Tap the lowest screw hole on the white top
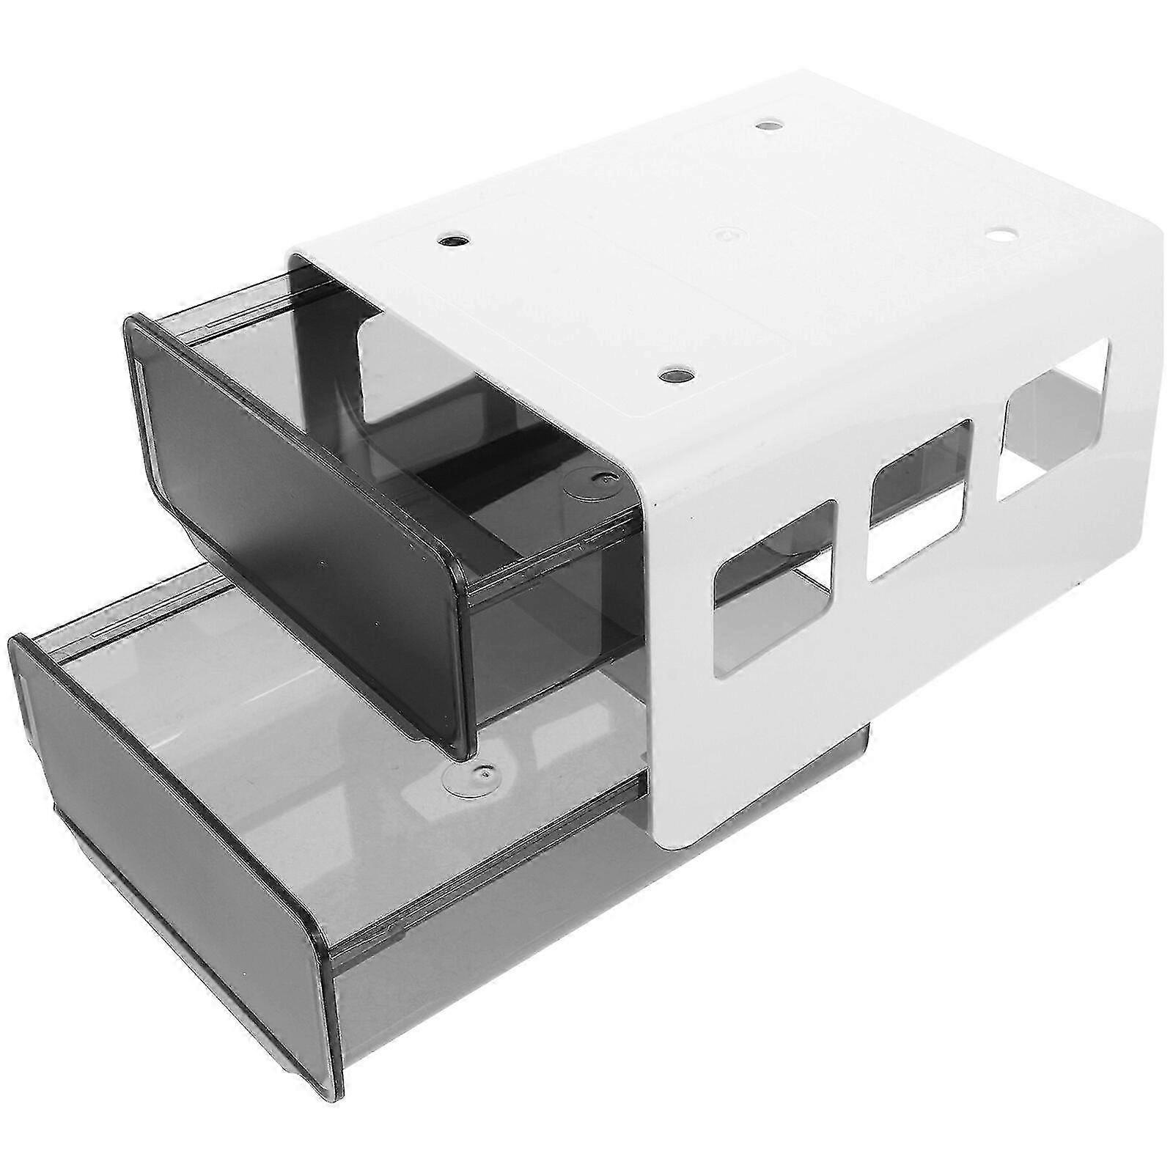(675, 375)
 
